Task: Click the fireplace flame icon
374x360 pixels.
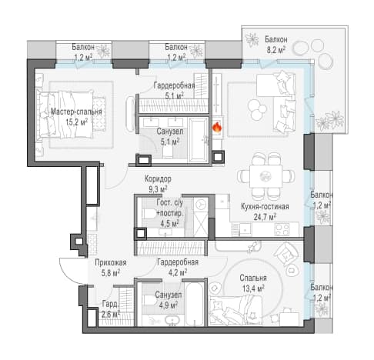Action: click(217, 128)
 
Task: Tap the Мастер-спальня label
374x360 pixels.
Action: click(76, 112)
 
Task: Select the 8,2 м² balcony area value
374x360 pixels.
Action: click(276, 49)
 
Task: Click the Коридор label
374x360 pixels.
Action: click(158, 178)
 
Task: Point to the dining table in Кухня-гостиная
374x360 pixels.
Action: click(266, 176)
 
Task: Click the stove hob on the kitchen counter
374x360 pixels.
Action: click(282, 229)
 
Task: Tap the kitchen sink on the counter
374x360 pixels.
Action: click(245, 229)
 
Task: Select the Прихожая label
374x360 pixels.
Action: click(111, 262)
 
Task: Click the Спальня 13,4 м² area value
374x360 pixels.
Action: click(253, 289)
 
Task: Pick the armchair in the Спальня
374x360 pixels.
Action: click(284, 254)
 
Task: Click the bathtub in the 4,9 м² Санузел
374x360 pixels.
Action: click(194, 304)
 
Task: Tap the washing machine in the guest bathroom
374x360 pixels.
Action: click(201, 204)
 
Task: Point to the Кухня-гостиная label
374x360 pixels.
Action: click(265, 206)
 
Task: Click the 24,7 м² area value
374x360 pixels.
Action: click(265, 217)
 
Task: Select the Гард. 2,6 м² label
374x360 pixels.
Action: click(111, 309)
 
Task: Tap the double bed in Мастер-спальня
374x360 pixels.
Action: click(68, 115)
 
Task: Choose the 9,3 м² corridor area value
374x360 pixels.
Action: click(158, 189)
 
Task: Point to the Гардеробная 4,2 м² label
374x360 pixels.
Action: click(178, 267)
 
